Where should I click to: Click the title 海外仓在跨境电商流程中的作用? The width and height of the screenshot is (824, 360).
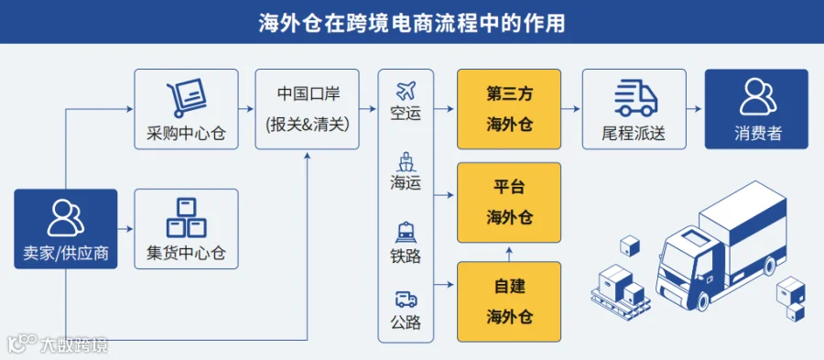411,23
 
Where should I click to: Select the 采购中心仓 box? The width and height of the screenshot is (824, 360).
187,109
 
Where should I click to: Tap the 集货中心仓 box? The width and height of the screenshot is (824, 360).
187,229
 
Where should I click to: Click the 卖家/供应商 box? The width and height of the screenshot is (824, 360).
66,229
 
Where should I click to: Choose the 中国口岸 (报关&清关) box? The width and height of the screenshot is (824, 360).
308,109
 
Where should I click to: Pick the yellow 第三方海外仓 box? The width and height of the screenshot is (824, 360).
509,109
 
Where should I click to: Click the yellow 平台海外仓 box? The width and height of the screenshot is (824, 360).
509,202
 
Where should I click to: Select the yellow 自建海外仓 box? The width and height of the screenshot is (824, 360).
509,301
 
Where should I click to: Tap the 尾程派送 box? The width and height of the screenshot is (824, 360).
634,109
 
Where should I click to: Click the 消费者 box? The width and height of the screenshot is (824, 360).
756,109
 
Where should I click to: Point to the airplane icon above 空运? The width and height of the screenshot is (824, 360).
406,91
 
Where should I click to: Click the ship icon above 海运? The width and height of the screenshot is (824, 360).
406,162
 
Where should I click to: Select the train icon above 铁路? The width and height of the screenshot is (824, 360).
406,233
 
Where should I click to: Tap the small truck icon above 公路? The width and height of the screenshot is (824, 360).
406,300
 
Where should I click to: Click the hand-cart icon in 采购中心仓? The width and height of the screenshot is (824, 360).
186,98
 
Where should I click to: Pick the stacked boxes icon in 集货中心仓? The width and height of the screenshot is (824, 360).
187,217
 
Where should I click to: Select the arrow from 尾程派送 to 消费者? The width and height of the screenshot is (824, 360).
695,109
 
